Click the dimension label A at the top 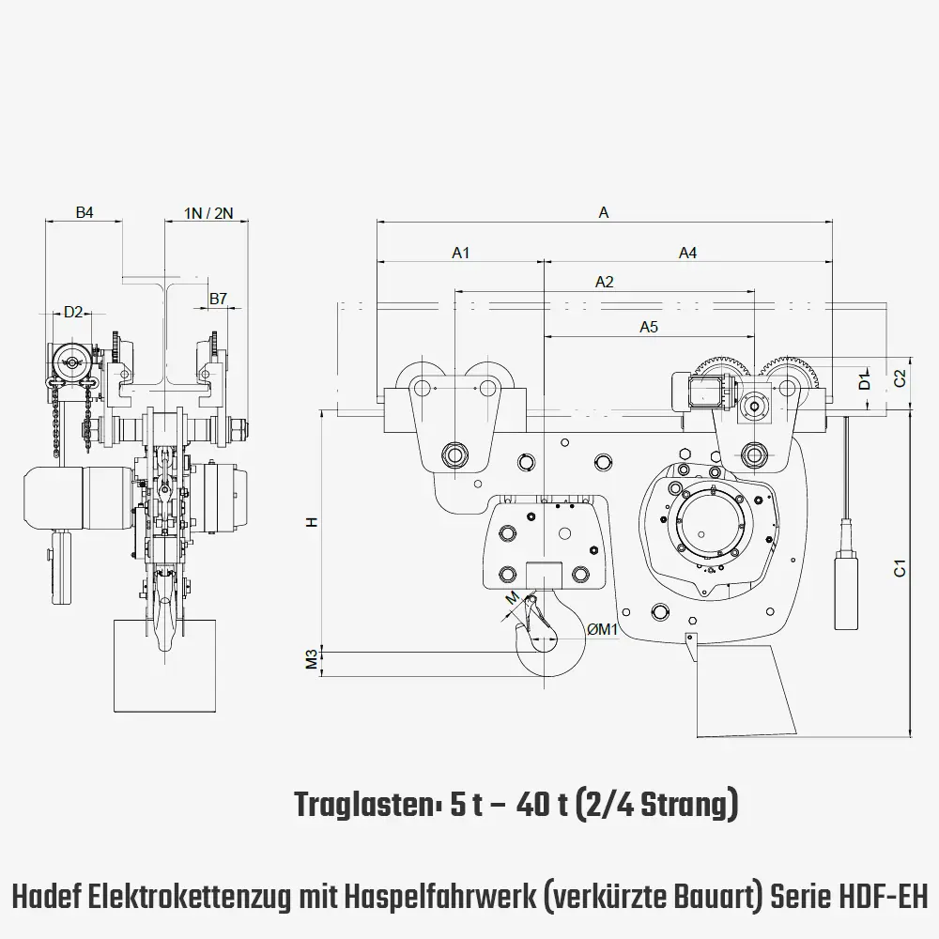(x=604, y=213)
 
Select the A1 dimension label (x=460, y=253)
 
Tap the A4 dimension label (x=688, y=253)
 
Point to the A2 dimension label (x=604, y=282)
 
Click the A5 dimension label (x=649, y=327)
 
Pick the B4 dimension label (x=85, y=213)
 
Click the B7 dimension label (x=218, y=299)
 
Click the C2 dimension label (x=899, y=378)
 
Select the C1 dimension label (x=899, y=568)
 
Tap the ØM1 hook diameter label (x=601, y=630)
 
